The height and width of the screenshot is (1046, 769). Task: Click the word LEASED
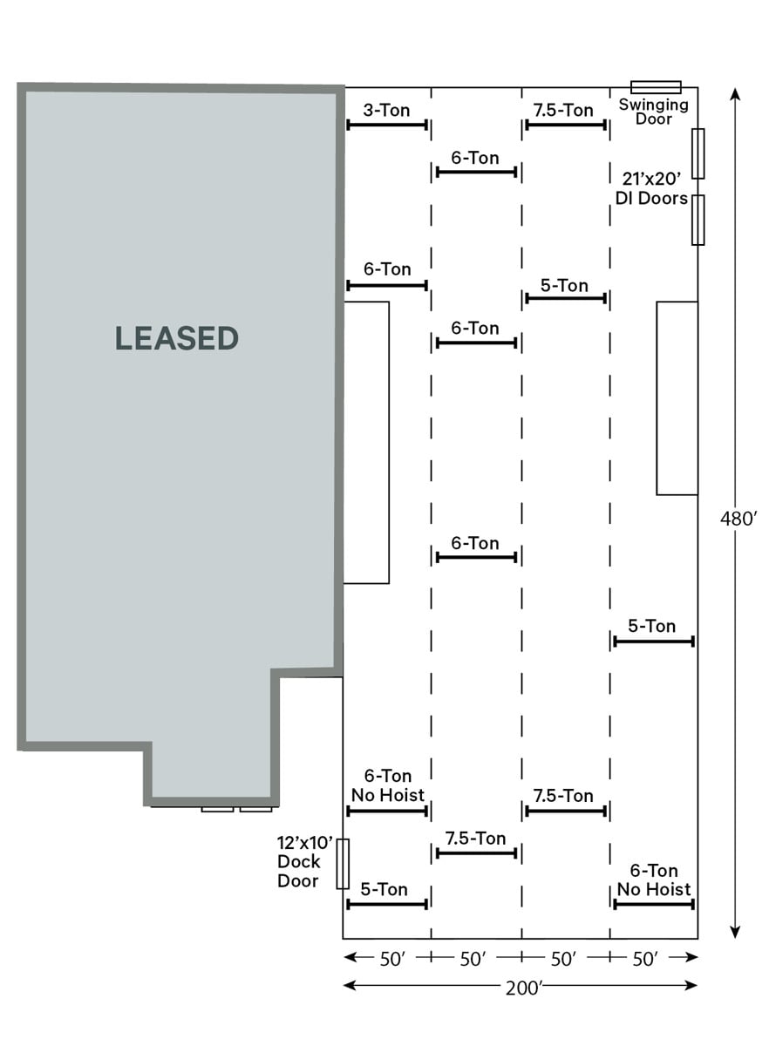click(x=177, y=338)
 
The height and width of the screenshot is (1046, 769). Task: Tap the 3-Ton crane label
click(x=386, y=110)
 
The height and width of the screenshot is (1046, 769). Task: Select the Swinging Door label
click(x=654, y=112)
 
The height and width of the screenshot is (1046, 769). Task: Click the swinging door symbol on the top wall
click(x=656, y=87)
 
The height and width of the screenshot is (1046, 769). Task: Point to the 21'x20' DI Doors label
click(x=652, y=188)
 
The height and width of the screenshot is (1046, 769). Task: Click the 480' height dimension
click(x=738, y=519)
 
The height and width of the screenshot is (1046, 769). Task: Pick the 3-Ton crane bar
click(x=387, y=125)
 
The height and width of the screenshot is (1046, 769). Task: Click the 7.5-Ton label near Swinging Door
click(x=563, y=110)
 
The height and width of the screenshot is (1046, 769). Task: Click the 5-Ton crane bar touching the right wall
click(x=654, y=642)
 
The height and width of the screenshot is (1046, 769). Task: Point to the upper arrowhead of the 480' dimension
click(x=735, y=94)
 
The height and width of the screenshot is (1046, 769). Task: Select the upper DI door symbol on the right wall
click(x=698, y=153)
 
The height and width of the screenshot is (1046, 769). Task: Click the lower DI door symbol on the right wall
click(x=698, y=220)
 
